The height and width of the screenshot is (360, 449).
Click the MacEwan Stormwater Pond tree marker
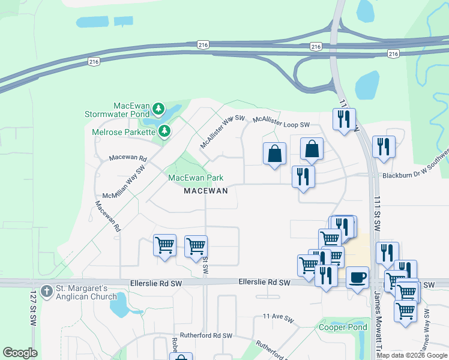click(x=158, y=109)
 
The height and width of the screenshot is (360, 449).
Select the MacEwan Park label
click(x=196, y=178)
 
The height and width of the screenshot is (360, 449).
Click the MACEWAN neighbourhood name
click(x=205, y=191)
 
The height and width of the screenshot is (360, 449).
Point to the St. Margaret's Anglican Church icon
click(x=47, y=289)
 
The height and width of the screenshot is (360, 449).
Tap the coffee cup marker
click(x=358, y=278)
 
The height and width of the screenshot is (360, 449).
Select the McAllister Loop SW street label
click(x=281, y=122)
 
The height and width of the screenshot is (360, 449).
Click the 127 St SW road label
click(x=33, y=308)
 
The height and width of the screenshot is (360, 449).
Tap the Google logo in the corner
click(x=20, y=353)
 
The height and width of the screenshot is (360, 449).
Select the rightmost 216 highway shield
click(x=393, y=54)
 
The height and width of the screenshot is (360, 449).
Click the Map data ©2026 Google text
click(x=412, y=355)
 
